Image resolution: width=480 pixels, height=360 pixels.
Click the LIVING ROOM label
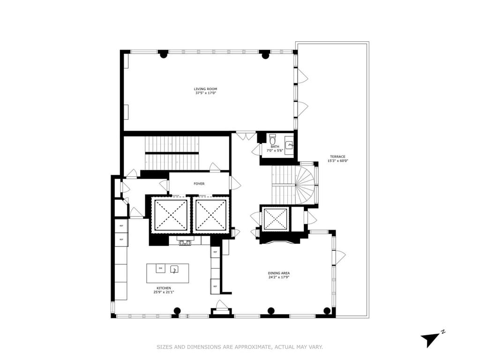(205, 89)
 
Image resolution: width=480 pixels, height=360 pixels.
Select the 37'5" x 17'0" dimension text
(205, 93)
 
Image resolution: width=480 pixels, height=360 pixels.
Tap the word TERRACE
(337, 157)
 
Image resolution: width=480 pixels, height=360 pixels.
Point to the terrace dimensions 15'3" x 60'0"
(337, 161)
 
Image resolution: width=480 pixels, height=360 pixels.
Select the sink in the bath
(289, 145)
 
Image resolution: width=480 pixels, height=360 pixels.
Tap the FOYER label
(199, 184)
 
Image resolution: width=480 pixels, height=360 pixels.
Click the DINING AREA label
(278, 273)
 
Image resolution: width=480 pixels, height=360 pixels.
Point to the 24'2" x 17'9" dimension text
(278, 277)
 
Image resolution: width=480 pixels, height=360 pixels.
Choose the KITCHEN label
(164, 288)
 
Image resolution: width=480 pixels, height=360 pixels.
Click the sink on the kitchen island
(174, 269)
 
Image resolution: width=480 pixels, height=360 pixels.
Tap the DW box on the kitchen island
(160, 268)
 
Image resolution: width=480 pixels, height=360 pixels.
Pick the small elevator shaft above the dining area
(275, 219)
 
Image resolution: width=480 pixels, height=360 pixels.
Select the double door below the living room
(243, 136)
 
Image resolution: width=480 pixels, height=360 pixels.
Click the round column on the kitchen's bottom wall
(177, 310)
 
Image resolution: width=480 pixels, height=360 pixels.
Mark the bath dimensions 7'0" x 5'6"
(275, 151)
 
